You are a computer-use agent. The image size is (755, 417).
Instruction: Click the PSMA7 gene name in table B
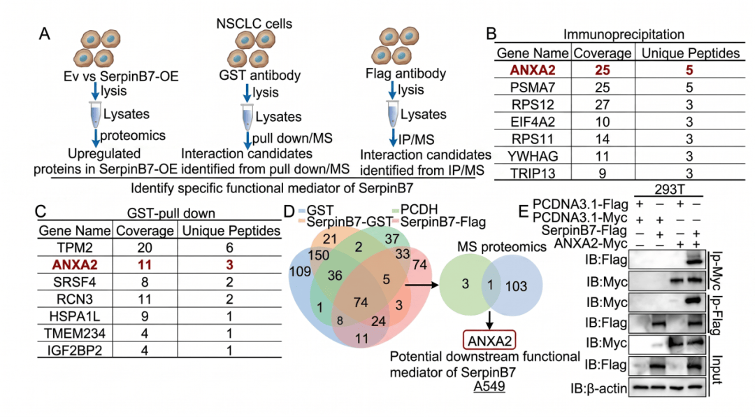pyautogui.click(x=533, y=87)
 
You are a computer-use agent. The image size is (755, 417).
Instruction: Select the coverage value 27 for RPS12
pyautogui.click(x=603, y=105)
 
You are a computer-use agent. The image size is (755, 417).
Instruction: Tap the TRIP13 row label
pyautogui.click(x=533, y=174)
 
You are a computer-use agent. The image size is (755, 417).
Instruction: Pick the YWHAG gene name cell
pyautogui.click(x=533, y=156)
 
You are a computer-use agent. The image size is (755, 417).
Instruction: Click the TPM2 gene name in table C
pyautogui.click(x=75, y=248)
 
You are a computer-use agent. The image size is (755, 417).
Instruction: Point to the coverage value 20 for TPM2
pyautogui.click(x=145, y=248)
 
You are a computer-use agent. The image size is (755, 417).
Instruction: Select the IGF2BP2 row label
pyautogui.click(x=75, y=350)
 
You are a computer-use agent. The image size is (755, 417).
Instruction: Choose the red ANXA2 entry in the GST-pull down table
pyautogui.click(x=75, y=264)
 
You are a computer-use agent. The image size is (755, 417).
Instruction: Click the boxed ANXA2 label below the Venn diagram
pyautogui.click(x=489, y=341)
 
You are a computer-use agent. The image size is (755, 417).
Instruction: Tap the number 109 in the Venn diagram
pyautogui.click(x=300, y=272)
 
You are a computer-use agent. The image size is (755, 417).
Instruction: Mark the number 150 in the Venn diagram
pyautogui.click(x=318, y=255)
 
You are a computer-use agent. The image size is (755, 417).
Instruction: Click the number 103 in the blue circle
pyautogui.click(x=516, y=286)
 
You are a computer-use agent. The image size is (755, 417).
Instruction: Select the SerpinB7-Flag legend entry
pyautogui.click(x=438, y=222)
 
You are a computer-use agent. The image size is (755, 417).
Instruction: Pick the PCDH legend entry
pyautogui.click(x=415, y=210)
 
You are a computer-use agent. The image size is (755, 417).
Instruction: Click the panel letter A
pyautogui.click(x=44, y=34)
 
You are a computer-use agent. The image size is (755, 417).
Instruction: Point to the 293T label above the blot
pyautogui.click(x=669, y=190)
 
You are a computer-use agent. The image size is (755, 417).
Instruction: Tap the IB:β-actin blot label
pyautogui.click(x=599, y=388)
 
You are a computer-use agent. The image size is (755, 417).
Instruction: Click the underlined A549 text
pyautogui.click(x=489, y=387)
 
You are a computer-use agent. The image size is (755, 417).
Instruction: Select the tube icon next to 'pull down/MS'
pyautogui.click(x=247, y=117)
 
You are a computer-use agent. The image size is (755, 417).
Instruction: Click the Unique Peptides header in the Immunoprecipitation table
pyautogui.click(x=691, y=53)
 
